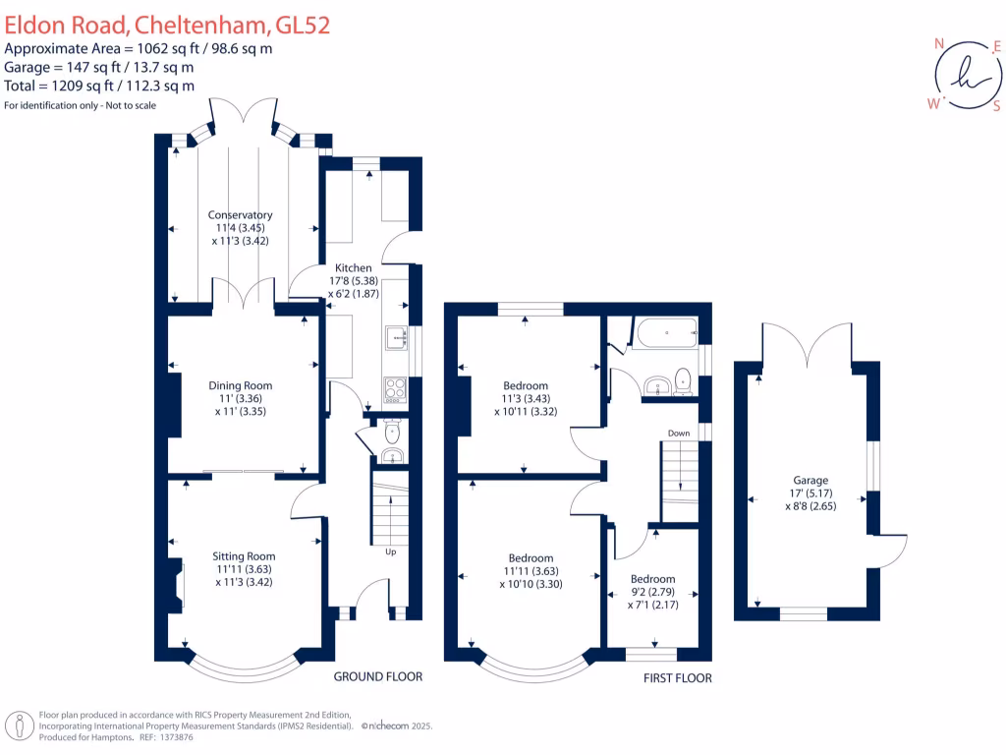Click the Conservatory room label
pyautogui.click(x=240, y=215)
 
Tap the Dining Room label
pyautogui.click(x=240, y=385)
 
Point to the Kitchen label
pyautogui.click(x=354, y=267)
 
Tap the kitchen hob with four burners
pyautogui.click(x=395, y=388)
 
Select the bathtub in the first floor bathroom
pyautogui.click(x=666, y=333)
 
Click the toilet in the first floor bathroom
pyautogui.click(x=684, y=379)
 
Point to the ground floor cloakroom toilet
pyautogui.click(x=392, y=431)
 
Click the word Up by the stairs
pyautogui.click(x=390, y=551)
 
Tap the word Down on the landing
pyautogui.click(x=678, y=433)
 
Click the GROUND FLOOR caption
pyautogui.click(x=378, y=676)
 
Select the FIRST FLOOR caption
pyautogui.click(x=678, y=678)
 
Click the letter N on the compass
pyautogui.click(x=939, y=44)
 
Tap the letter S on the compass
pyautogui.click(x=995, y=106)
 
